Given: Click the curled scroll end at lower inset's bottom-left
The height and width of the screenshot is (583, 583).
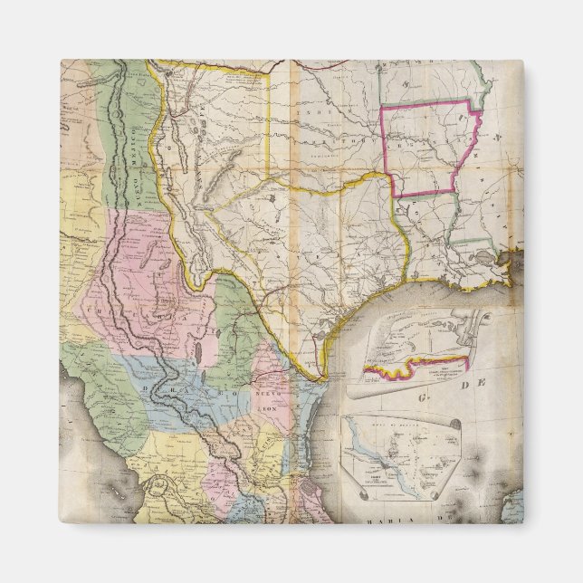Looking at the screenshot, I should tap(348, 493).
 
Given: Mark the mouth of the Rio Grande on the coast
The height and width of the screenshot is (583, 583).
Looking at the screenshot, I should tap(319, 374).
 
